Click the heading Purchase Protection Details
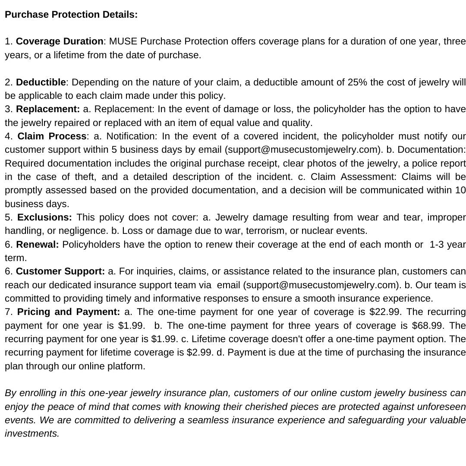(x=71, y=14)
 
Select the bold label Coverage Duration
(x=60, y=41)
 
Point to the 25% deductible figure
(x=356, y=82)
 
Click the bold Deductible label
(x=41, y=82)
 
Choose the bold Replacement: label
(x=48, y=109)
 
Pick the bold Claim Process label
(x=52, y=136)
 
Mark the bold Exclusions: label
(x=44, y=217)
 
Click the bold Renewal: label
(x=38, y=245)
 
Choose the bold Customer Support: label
(x=60, y=271)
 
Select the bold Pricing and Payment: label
(x=69, y=312)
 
